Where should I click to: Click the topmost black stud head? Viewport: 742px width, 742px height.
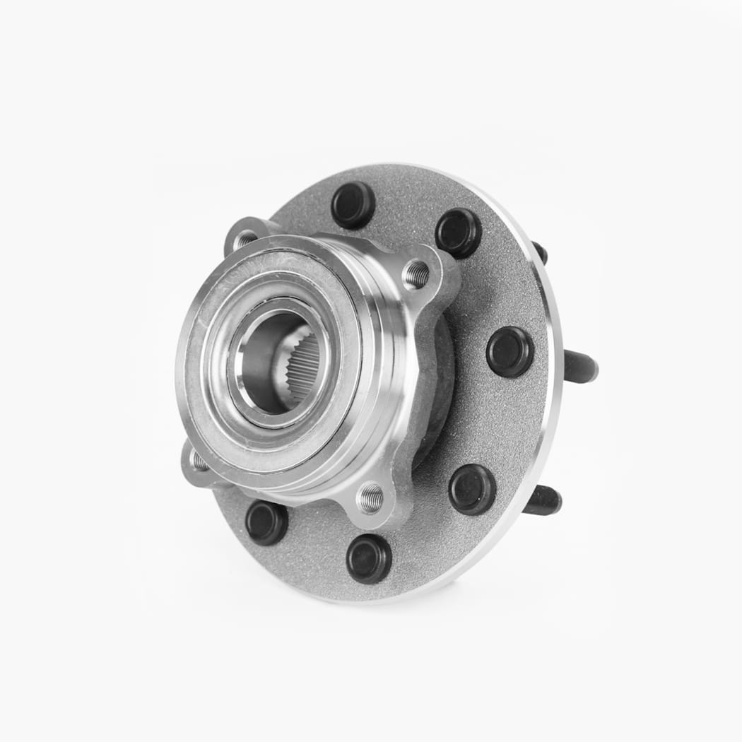point(353,205)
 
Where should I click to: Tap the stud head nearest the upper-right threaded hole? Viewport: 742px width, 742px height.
point(459,232)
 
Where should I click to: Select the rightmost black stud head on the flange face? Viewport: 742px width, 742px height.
point(510,351)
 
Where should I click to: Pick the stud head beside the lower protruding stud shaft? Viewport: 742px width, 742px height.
point(472,489)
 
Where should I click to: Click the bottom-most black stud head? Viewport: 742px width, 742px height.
point(369,558)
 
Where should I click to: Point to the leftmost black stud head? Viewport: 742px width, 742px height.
point(266,522)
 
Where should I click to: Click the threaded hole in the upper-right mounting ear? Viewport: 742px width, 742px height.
point(416,274)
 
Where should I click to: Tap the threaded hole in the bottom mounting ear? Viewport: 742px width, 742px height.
point(370,498)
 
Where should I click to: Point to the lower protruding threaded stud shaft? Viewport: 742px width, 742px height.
point(543,501)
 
